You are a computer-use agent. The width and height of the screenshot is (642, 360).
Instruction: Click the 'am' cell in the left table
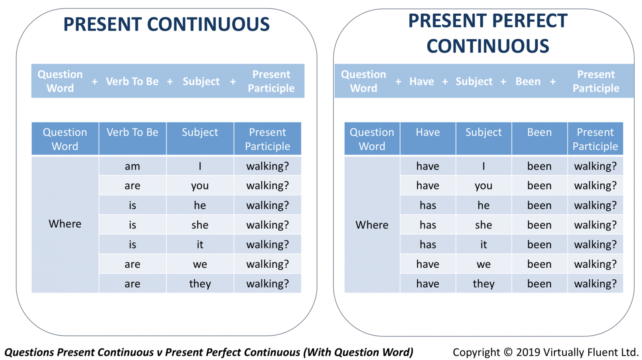[x=132, y=166]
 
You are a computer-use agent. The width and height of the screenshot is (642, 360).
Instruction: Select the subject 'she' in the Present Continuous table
[x=200, y=225]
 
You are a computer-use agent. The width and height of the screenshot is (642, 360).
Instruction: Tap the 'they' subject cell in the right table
[x=484, y=284]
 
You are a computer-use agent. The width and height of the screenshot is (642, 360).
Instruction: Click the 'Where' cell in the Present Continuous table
[x=65, y=224]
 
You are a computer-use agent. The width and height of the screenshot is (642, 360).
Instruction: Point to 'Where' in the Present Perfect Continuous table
[x=372, y=225]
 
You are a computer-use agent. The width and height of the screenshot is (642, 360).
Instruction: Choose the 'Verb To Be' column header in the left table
[x=132, y=132]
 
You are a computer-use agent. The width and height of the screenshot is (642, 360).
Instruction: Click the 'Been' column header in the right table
[x=539, y=132]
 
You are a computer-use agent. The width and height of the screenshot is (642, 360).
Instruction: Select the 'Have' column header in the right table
[x=428, y=132]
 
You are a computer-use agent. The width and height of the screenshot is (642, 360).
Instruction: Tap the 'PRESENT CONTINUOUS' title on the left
[x=166, y=24]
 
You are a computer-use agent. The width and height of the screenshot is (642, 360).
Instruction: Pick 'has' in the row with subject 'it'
[x=428, y=244]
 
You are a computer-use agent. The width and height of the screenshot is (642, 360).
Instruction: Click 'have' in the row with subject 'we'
[x=428, y=264]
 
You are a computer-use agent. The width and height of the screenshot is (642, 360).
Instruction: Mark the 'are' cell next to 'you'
[x=132, y=186]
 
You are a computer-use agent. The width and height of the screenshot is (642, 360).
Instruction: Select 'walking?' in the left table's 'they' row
[x=267, y=284]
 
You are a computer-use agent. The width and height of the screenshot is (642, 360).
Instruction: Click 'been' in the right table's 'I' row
[x=539, y=166]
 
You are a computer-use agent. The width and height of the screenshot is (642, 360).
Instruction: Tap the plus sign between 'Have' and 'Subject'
[x=445, y=82]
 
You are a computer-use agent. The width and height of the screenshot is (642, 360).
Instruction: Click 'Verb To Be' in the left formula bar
[x=132, y=81]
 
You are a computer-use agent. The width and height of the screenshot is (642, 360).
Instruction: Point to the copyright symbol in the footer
[x=508, y=352]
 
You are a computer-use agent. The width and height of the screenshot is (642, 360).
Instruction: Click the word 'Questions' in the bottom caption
[x=29, y=352]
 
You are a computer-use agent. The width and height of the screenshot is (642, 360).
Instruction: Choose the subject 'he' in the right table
[x=484, y=205]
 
